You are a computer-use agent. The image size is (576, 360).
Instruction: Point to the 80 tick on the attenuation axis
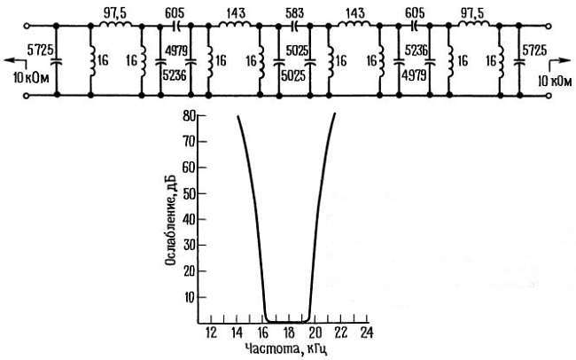click(189, 115)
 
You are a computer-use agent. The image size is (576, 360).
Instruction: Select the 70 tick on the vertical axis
click(189, 141)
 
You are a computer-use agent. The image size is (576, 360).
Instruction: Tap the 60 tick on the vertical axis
click(189, 167)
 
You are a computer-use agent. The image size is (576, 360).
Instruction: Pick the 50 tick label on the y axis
click(189, 192)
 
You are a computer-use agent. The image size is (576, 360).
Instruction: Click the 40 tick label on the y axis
click(189, 218)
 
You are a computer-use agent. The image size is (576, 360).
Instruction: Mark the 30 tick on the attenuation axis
click(189, 244)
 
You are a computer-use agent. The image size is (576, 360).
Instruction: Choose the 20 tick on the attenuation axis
click(189, 270)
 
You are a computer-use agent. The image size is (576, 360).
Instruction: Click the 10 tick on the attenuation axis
click(189, 295)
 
